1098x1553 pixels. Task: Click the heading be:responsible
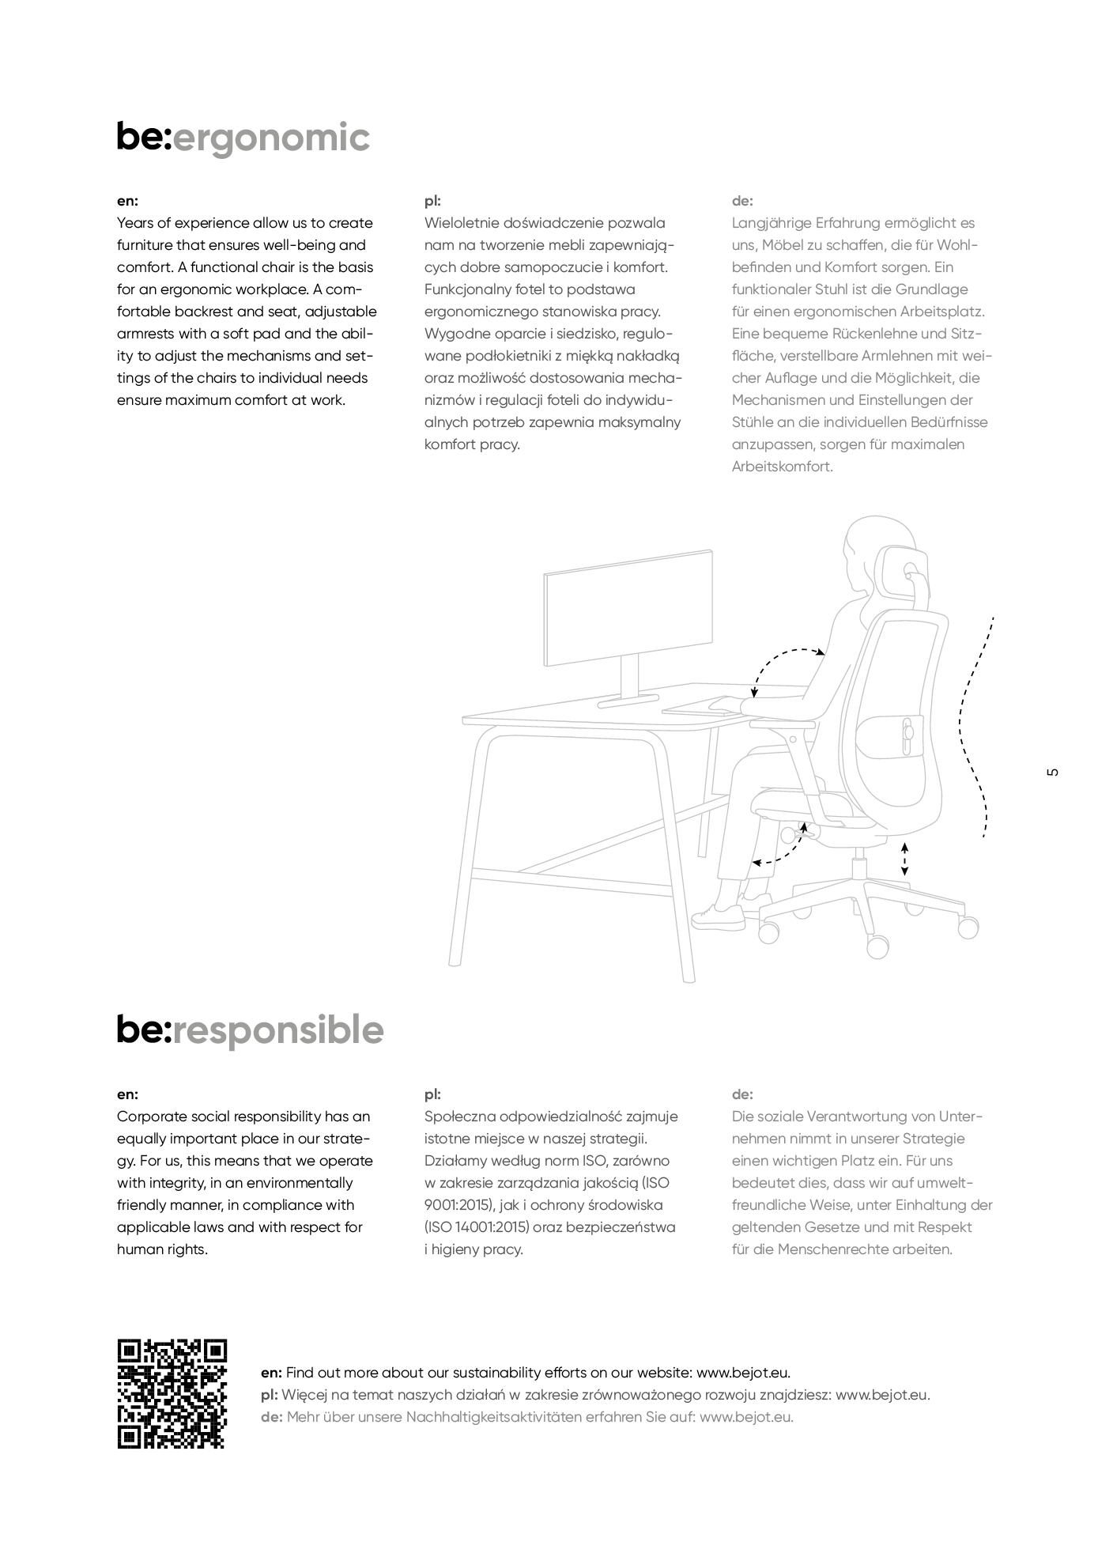pyautogui.click(x=250, y=1030)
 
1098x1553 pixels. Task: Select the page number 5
pyautogui.click(x=1051, y=773)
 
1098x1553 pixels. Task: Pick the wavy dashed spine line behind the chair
pyautogui.click(x=975, y=727)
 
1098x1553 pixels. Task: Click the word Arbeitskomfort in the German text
pyautogui.click(x=782, y=467)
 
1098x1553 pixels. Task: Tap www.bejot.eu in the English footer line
pyautogui.click(x=743, y=1373)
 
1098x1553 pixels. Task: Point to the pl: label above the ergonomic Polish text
pyautogui.click(x=432, y=201)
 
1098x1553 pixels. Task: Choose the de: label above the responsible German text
pyautogui.click(x=742, y=1094)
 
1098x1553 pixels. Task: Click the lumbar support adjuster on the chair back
pyautogui.click(x=906, y=728)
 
